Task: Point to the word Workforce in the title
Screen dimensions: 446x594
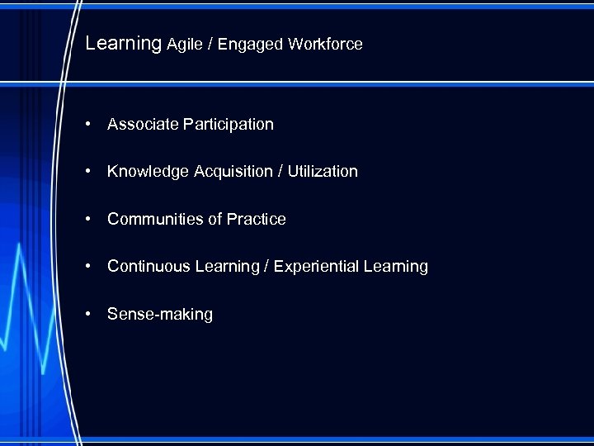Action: [x=325, y=44]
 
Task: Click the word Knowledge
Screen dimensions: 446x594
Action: [x=148, y=172]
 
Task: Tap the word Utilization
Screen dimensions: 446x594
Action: [x=324, y=171]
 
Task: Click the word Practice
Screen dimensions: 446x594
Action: [x=257, y=219]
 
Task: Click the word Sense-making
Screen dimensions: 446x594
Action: [x=160, y=315]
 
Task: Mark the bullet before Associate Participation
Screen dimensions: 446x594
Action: [x=87, y=125]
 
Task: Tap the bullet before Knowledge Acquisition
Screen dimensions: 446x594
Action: [x=87, y=172]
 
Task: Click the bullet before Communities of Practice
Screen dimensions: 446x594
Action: [x=87, y=220]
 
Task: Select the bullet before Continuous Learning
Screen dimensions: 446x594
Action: [x=87, y=267]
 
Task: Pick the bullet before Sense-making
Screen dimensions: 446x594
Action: [x=87, y=315]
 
